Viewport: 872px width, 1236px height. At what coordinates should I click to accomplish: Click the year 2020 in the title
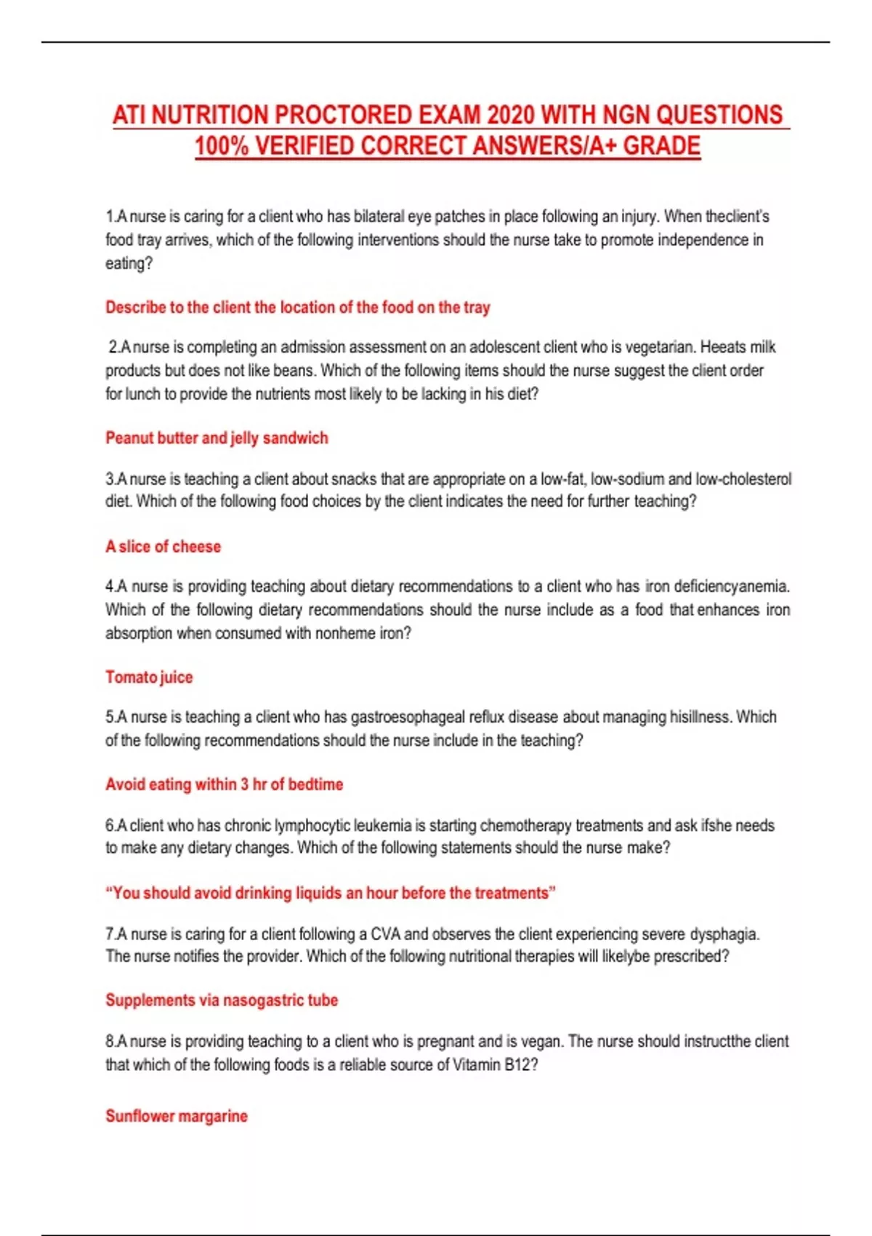512,115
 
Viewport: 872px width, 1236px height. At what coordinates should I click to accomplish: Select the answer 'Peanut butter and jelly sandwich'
217,438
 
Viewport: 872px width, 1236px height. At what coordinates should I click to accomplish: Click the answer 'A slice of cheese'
163,547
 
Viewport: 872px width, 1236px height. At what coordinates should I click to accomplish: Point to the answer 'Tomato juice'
149,677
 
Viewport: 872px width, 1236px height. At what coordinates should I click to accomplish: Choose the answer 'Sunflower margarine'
176,1116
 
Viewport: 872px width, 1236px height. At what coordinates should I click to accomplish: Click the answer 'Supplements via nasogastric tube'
222,1000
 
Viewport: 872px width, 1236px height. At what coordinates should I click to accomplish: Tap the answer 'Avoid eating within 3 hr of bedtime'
224,784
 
